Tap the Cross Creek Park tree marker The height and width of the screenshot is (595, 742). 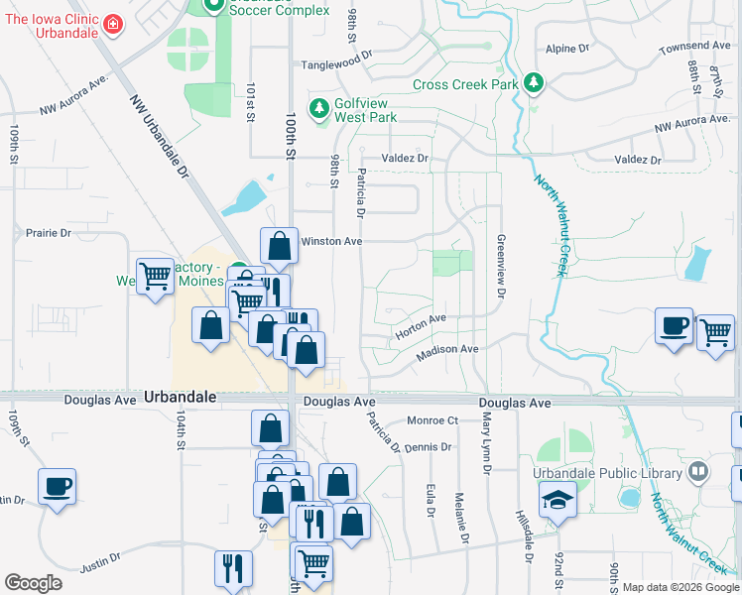coord(534,83)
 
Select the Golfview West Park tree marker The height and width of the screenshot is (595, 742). coord(319,107)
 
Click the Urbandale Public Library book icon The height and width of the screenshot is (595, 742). coord(699,471)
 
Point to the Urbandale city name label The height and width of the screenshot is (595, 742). coord(180,396)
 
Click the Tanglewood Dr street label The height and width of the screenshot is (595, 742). coord(336,65)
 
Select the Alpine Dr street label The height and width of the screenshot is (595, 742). coord(567,48)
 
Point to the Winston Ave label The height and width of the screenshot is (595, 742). coord(331,241)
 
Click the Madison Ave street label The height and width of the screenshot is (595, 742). coord(447,350)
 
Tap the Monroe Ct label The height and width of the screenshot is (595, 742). coord(432,420)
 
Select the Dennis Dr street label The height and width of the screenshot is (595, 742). coord(428,447)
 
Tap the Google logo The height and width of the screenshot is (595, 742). coord(33,583)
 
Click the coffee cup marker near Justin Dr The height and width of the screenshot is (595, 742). coord(57,487)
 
